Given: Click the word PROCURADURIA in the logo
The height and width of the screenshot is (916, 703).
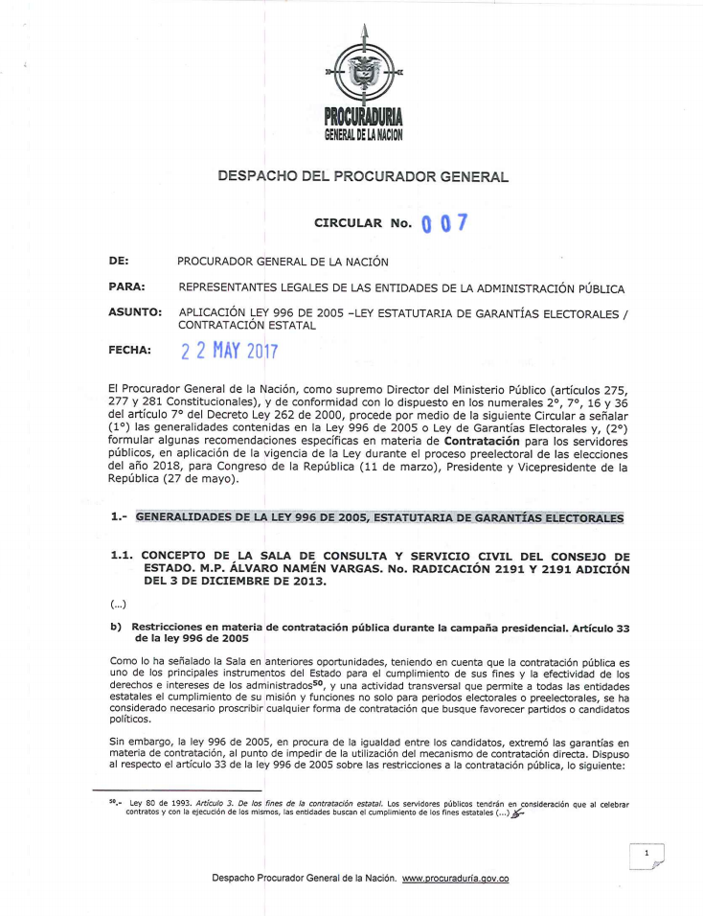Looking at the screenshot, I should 364,118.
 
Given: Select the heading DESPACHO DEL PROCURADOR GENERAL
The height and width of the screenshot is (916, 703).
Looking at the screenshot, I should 363,176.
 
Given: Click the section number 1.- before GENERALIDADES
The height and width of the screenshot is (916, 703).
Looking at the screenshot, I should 120,517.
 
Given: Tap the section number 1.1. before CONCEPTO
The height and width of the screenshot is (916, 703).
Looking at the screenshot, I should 122,557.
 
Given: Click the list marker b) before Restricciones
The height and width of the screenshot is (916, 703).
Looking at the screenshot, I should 117,626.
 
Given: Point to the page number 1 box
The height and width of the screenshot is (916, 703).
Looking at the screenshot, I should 647,852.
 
